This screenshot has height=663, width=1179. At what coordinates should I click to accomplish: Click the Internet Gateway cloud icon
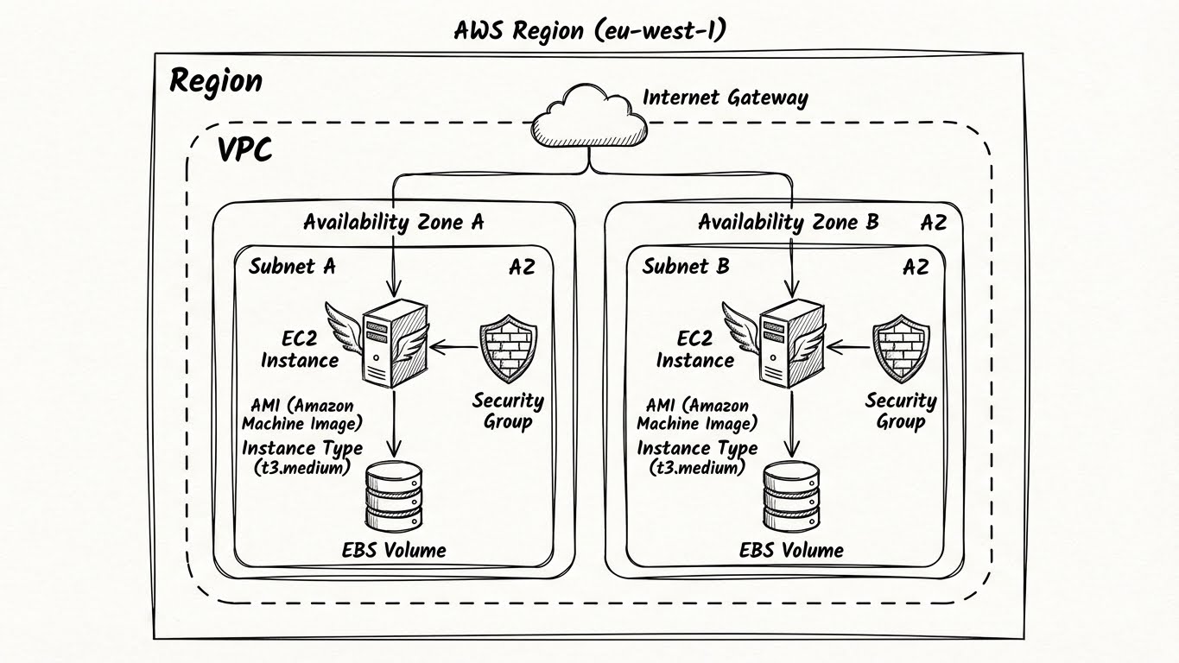(590, 117)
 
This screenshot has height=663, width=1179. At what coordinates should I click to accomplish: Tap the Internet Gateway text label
(725, 97)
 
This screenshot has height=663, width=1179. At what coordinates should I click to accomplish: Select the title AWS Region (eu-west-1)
(590, 30)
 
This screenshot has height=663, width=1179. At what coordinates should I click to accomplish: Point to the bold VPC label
(244, 149)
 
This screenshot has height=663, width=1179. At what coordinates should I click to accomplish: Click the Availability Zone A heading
(393, 222)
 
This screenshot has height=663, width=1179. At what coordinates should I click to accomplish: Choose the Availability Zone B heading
(788, 222)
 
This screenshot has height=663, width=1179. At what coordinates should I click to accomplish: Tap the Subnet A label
(292, 266)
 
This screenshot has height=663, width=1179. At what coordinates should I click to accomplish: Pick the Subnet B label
(686, 266)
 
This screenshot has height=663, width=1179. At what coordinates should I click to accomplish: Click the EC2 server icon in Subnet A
(394, 343)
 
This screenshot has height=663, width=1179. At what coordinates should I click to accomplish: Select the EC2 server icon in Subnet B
(788, 343)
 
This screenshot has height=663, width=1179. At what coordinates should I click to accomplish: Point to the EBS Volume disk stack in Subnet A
(395, 496)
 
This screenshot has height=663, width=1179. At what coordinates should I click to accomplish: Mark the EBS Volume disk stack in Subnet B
(790, 496)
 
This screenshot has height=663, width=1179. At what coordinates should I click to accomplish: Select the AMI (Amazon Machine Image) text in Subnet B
(696, 414)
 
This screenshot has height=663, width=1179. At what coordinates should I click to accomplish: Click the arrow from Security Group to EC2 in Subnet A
(454, 348)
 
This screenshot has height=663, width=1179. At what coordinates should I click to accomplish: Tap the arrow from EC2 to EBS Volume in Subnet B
(790, 423)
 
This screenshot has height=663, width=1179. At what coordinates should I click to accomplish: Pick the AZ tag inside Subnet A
(521, 267)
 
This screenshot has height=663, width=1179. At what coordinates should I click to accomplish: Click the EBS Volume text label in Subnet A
(396, 550)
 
